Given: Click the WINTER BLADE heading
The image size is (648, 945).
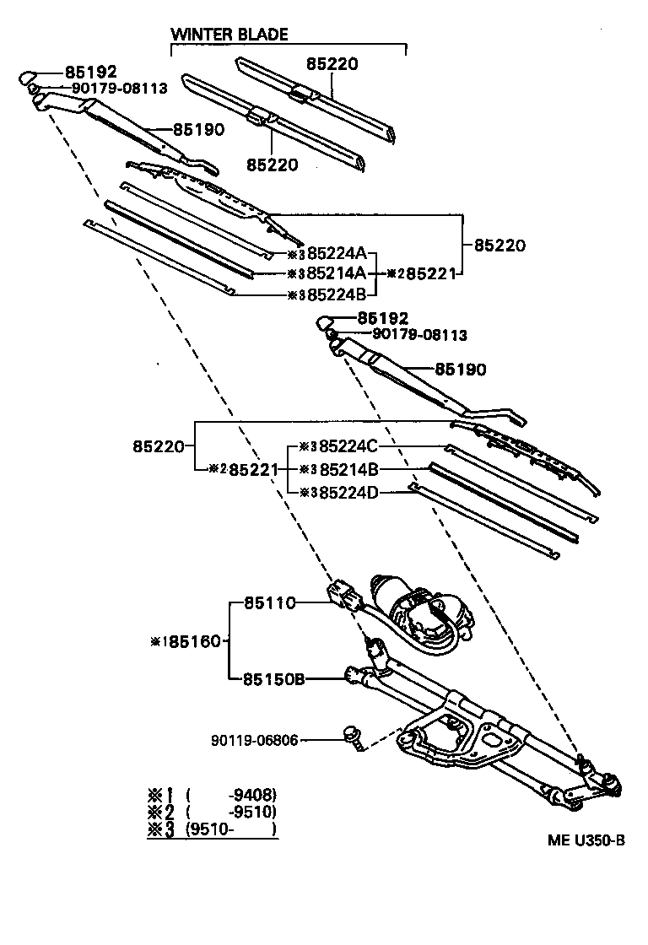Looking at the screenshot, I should tap(229, 35).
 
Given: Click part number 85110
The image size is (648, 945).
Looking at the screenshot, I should tap(269, 603).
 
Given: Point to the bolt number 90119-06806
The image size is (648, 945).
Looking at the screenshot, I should tap(255, 741).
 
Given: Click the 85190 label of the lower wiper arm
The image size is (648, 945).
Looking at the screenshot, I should tap(460, 369).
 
